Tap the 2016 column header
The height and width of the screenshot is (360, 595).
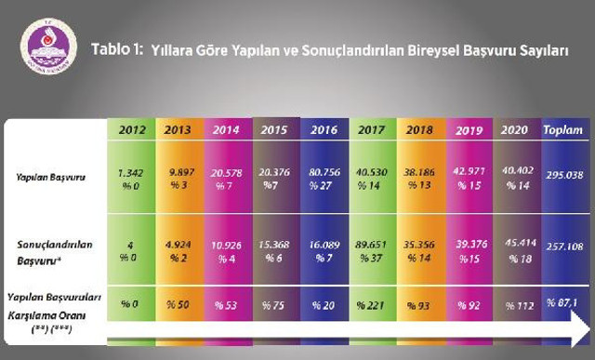[x=324, y=130]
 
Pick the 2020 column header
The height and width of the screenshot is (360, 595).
[x=513, y=131]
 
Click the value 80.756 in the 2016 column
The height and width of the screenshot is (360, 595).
[x=324, y=171]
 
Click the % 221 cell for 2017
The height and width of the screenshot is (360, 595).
[x=371, y=305]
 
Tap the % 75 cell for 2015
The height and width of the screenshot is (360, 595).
[x=276, y=305]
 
